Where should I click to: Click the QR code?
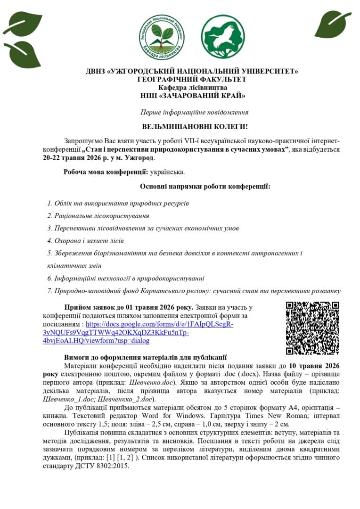point(312,328)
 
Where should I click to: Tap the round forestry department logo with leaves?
point(162,37)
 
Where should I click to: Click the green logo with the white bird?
point(223,36)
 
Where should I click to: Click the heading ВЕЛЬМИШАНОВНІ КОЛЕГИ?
point(195,127)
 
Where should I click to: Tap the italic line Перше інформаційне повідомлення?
point(195,112)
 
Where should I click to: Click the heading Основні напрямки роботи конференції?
point(205,186)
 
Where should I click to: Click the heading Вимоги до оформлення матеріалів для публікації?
point(146,357)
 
